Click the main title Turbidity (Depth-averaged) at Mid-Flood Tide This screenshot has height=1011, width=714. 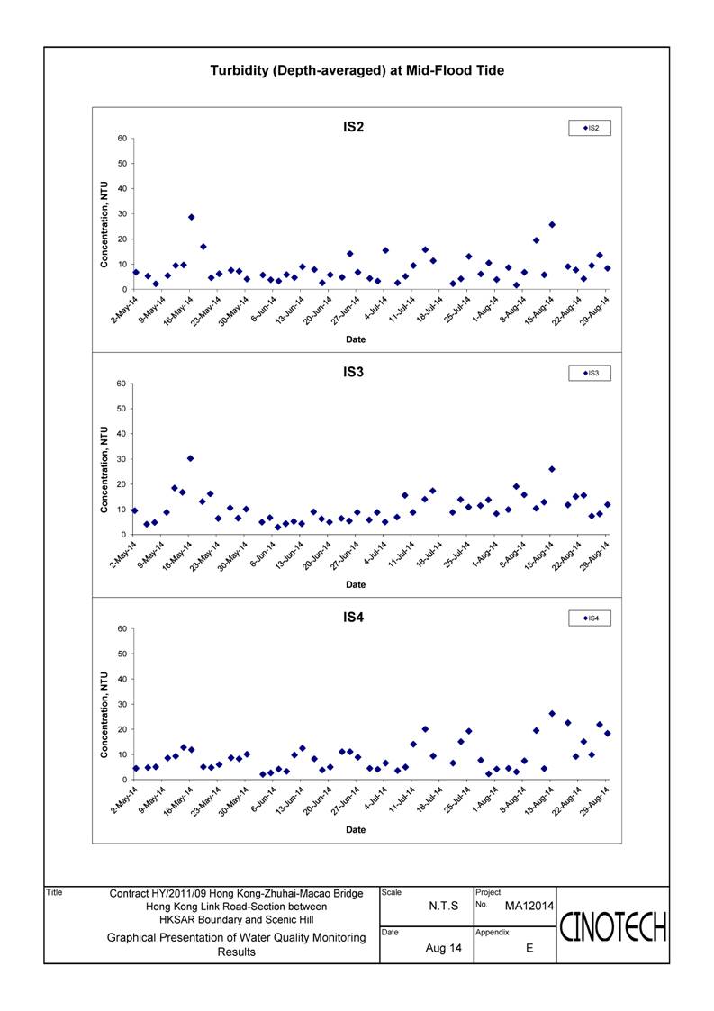pyautogui.click(x=357, y=70)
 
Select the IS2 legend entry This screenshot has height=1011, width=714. pyautogui.click(x=590, y=128)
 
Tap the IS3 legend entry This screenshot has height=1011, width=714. pyautogui.click(x=590, y=373)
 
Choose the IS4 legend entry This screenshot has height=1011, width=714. pyautogui.click(x=590, y=618)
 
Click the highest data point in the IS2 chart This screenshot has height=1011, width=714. pyautogui.click(x=192, y=217)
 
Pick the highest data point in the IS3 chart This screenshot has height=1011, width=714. pyautogui.click(x=190, y=458)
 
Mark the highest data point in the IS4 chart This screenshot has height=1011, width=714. pyautogui.click(x=552, y=714)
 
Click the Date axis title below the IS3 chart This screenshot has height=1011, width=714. pyautogui.click(x=356, y=585)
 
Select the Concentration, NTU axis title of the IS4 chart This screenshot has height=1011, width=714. pyautogui.click(x=104, y=715)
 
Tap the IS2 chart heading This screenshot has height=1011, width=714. pyautogui.click(x=354, y=127)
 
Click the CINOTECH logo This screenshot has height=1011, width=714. pyautogui.click(x=613, y=927)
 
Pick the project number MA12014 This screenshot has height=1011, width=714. pyautogui.click(x=529, y=906)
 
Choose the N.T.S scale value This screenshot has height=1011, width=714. pyautogui.click(x=444, y=906)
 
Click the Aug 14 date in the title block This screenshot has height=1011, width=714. pyautogui.click(x=444, y=948)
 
